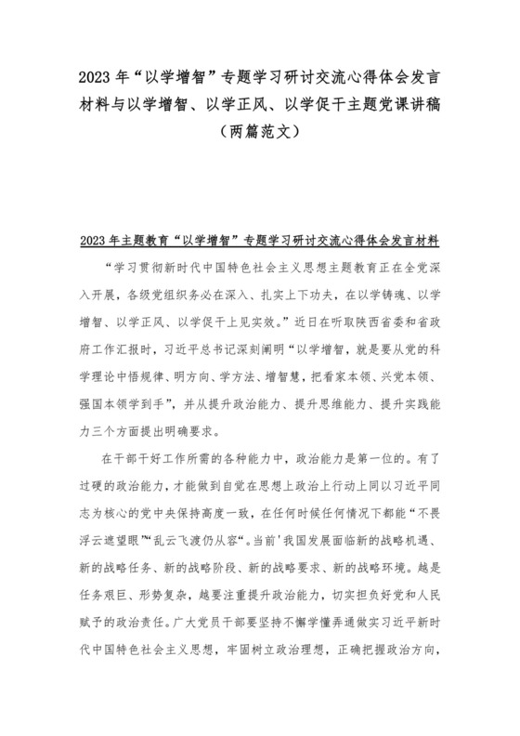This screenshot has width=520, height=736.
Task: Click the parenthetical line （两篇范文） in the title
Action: [259, 132]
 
